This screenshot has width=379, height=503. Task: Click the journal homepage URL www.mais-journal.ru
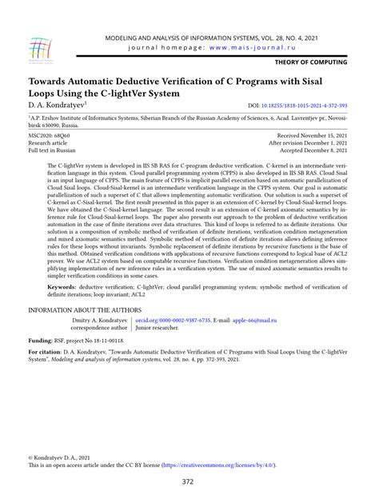(257, 46)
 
